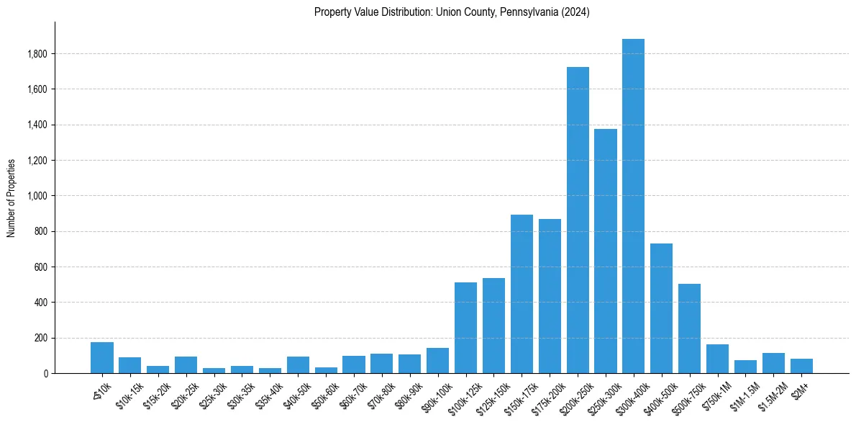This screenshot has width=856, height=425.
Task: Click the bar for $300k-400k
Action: click(633, 206)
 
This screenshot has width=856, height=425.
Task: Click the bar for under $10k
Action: click(102, 358)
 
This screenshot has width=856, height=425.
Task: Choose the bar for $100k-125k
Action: click(465, 328)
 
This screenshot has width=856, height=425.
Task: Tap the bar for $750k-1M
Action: click(717, 359)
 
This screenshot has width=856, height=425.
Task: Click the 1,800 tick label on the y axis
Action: click(37, 54)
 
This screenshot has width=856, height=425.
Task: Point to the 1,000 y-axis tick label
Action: click(37, 196)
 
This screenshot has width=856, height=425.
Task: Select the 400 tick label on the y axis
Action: click(41, 303)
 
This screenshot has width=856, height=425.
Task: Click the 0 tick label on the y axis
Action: click(45, 373)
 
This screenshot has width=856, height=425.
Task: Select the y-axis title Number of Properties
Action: click(12, 197)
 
